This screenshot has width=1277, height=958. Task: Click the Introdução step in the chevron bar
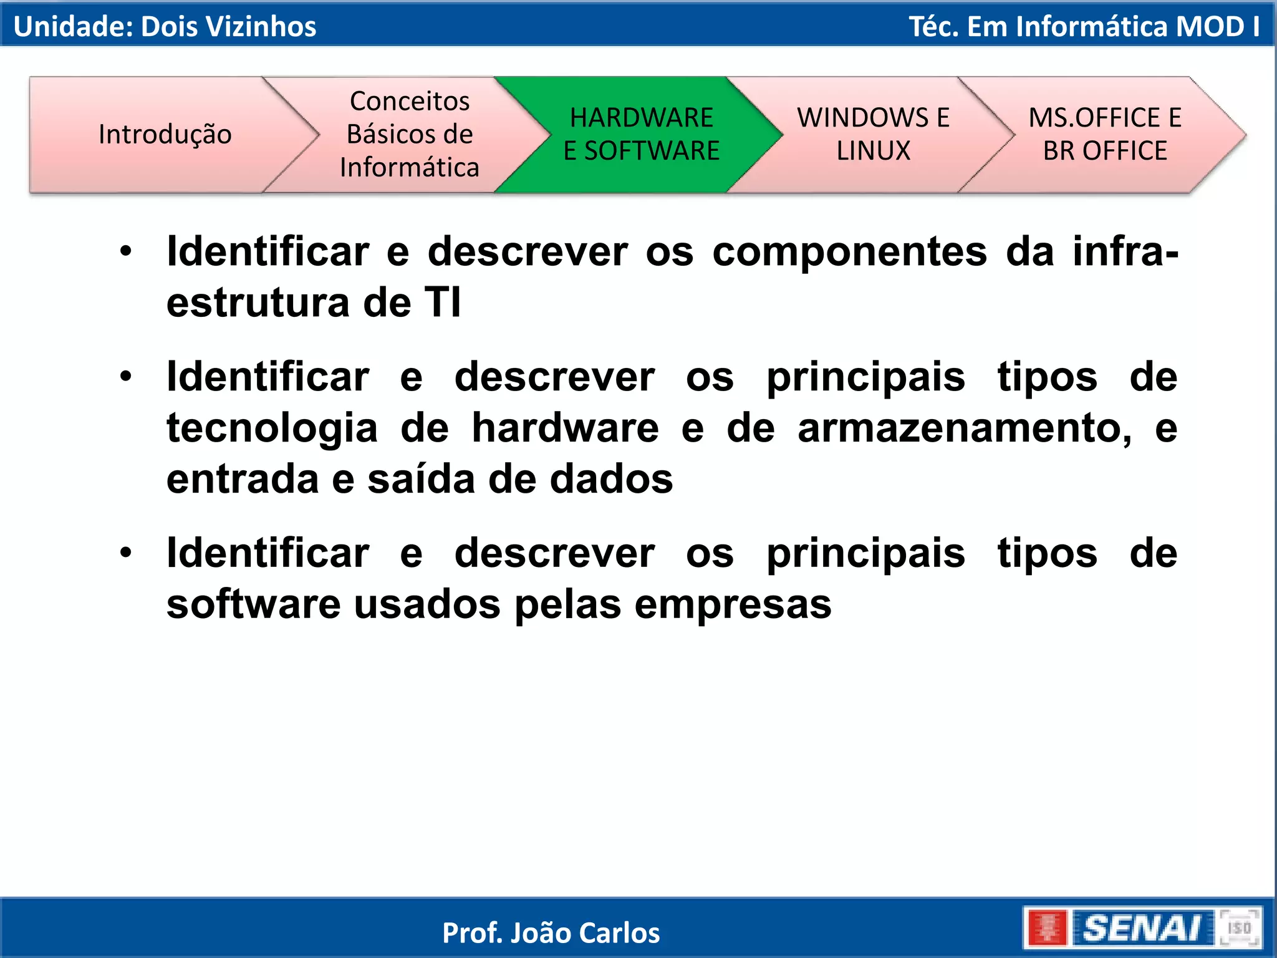[x=165, y=134]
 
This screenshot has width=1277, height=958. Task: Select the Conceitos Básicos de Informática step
[x=410, y=134]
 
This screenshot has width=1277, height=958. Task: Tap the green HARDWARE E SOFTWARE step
[x=641, y=134]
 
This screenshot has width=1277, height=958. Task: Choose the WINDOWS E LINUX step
[x=873, y=134]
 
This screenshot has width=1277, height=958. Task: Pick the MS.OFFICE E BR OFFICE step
[x=1104, y=134]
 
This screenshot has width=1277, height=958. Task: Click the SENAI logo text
[x=1142, y=928]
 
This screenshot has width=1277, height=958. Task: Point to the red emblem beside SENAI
[x=1048, y=928]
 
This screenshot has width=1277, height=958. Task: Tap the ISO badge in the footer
[x=1239, y=928]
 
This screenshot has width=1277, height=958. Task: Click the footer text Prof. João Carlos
[x=551, y=933]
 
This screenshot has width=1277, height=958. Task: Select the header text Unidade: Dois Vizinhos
[x=165, y=27]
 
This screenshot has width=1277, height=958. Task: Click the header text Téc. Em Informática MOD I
[x=1084, y=27]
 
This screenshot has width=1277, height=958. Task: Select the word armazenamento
[x=965, y=429]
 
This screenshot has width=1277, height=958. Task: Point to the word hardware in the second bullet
[x=565, y=429]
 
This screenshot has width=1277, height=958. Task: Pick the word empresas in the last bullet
[x=733, y=606]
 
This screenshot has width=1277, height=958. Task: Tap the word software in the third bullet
[x=253, y=604]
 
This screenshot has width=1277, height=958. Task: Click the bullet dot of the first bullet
[x=126, y=251]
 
